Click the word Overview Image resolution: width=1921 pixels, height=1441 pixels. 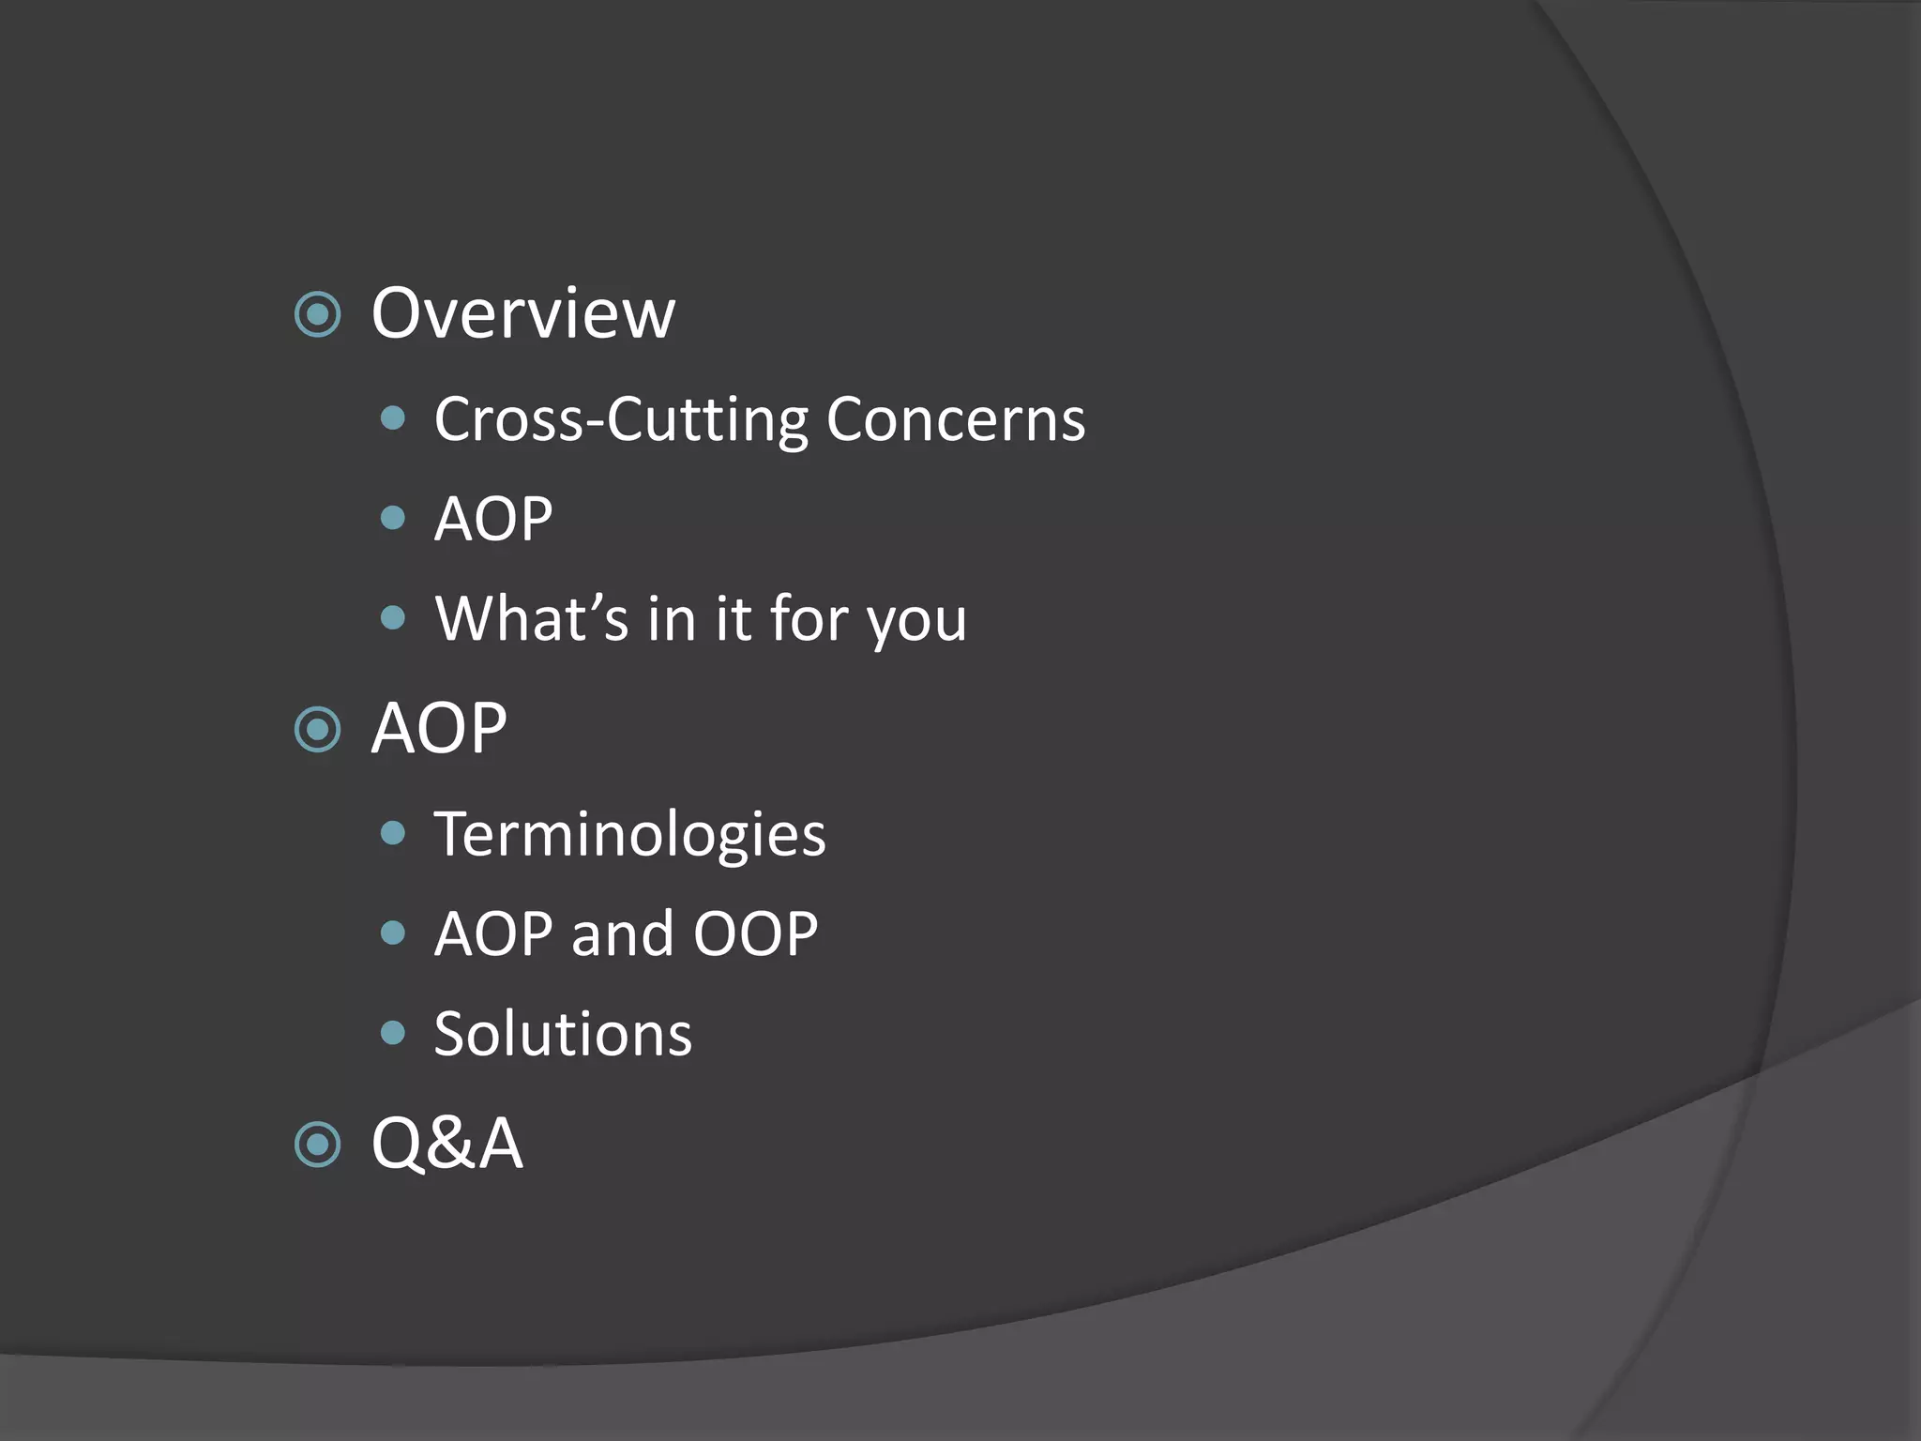(522, 313)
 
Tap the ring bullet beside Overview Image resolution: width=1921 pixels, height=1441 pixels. (317, 314)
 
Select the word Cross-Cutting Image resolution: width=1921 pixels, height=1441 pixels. (620, 419)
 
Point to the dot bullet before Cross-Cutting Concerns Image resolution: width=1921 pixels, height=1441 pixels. (394, 418)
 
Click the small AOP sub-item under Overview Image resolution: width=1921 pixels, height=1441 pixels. (493, 519)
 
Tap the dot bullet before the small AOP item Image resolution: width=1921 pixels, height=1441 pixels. (394, 518)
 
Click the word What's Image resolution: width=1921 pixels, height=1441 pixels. (531, 619)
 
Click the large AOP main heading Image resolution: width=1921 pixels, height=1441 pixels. (439, 729)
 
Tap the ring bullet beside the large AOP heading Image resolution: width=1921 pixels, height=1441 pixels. (317, 729)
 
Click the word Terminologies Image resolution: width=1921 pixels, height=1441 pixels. (629, 835)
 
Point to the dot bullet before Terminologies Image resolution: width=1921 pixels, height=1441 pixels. (394, 833)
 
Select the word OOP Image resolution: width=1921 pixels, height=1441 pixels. (755, 934)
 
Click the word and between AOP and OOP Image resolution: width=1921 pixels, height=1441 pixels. (623, 934)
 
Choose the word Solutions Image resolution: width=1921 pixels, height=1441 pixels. (563, 1034)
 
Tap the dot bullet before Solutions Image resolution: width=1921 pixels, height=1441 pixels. (394, 1033)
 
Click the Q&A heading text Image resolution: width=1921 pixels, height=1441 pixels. (446, 1144)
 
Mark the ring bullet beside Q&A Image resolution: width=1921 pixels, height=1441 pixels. (317, 1145)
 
